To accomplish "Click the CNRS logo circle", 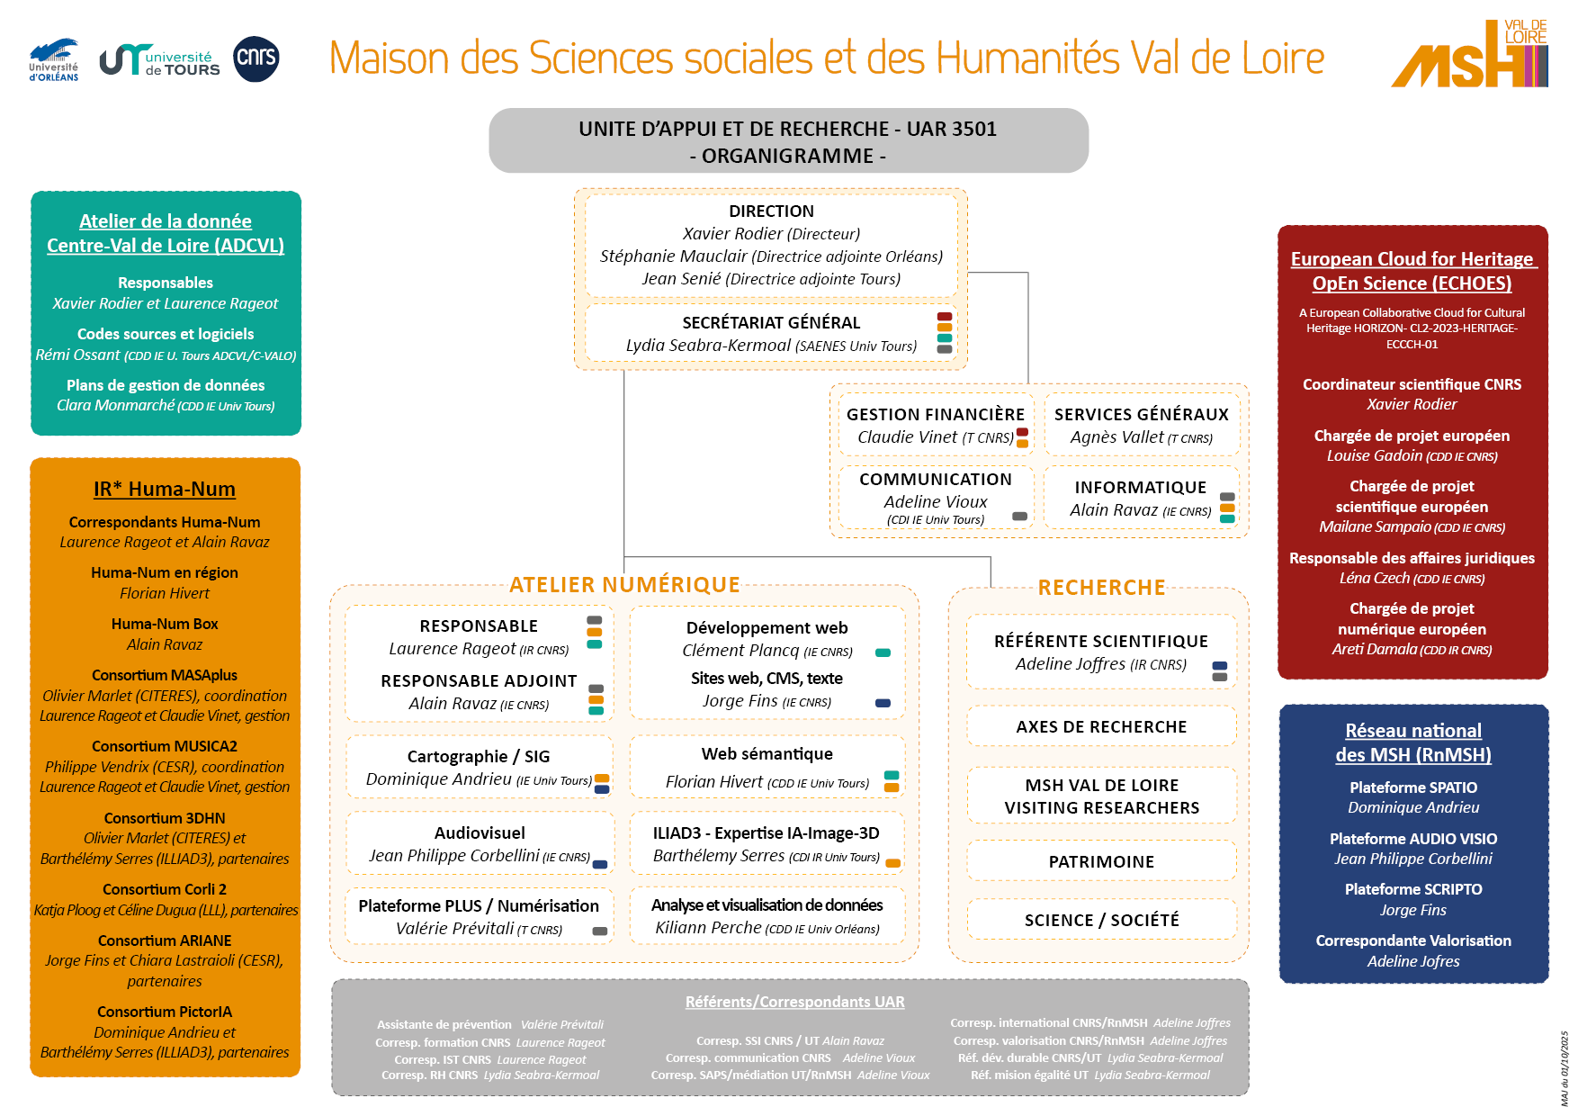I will (256, 58).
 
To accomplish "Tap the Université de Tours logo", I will (160, 61).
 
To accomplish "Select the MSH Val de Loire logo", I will (1470, 55).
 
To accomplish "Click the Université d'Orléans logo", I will (54, 60).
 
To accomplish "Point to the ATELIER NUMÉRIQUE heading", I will (624, 585).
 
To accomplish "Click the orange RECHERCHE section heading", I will (1101, 588).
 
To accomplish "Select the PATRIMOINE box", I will (1101, 861).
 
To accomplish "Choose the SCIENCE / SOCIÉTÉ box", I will (1101, 920).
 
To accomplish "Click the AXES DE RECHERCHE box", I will (1101, 726).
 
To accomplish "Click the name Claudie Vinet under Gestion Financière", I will (907, 437).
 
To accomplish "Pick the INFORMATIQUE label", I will (1140, 487).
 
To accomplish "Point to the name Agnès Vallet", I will (1116, 437).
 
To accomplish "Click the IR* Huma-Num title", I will (165, 489).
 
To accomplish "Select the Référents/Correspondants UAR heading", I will (794, 1002).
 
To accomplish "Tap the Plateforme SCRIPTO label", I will (1412, 889).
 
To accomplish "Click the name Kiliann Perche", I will (708, 928).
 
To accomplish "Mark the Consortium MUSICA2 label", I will (165, 746).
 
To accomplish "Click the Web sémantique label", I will (767, 754).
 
